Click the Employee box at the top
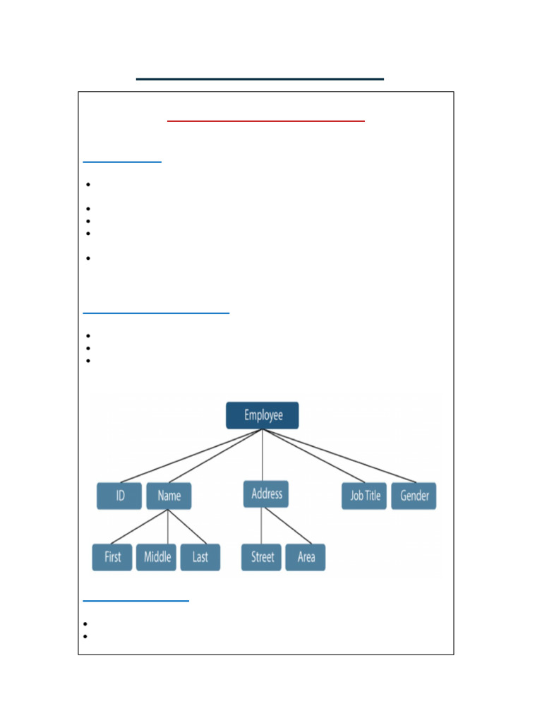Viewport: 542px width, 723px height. click(263, 415)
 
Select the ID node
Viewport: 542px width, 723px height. click(119, 496)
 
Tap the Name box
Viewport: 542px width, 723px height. click(169, 496)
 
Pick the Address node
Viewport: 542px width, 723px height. click(266, 494)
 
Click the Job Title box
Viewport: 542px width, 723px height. click(364, 496)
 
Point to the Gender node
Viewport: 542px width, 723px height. click(414, 496)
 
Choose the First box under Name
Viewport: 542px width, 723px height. click(112, 557)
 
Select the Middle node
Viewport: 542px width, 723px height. click(157, 557)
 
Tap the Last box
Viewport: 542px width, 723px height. click(200, 557)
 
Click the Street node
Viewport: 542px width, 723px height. click(262, 557)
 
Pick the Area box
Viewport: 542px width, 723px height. click(306, 557)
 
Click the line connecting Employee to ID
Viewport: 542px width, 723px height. click(191, 456)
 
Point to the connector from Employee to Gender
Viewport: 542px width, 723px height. click(339, 456)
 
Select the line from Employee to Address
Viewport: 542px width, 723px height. click(263, 455)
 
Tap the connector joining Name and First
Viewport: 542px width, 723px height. click(140, 527)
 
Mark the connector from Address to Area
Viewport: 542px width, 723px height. click(287, 526)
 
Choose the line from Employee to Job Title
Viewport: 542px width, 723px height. click(314, 456)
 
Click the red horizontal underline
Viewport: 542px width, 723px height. click(266, 121)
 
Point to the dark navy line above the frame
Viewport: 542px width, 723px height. click(260, 79)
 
